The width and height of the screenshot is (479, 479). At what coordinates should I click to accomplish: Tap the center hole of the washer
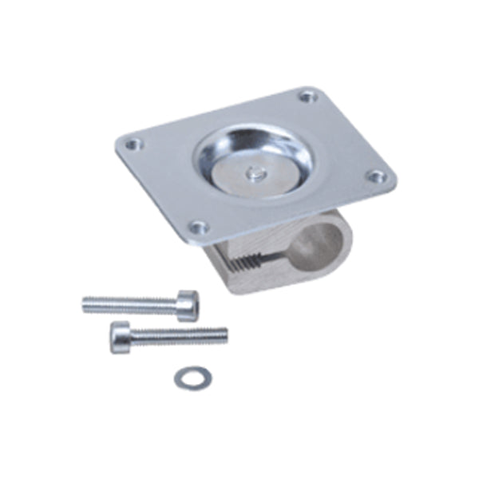tap(192, 377)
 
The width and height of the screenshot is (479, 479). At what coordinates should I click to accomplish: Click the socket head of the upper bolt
tap(188, 306)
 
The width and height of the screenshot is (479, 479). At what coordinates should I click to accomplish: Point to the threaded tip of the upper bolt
tap(86, 303)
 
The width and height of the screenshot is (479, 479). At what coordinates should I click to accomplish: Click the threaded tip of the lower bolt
tap(224, 335)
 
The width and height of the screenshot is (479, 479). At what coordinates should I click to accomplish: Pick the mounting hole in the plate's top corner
tap(307, 97)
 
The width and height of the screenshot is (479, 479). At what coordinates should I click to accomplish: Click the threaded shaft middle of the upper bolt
tap(132, 304)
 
